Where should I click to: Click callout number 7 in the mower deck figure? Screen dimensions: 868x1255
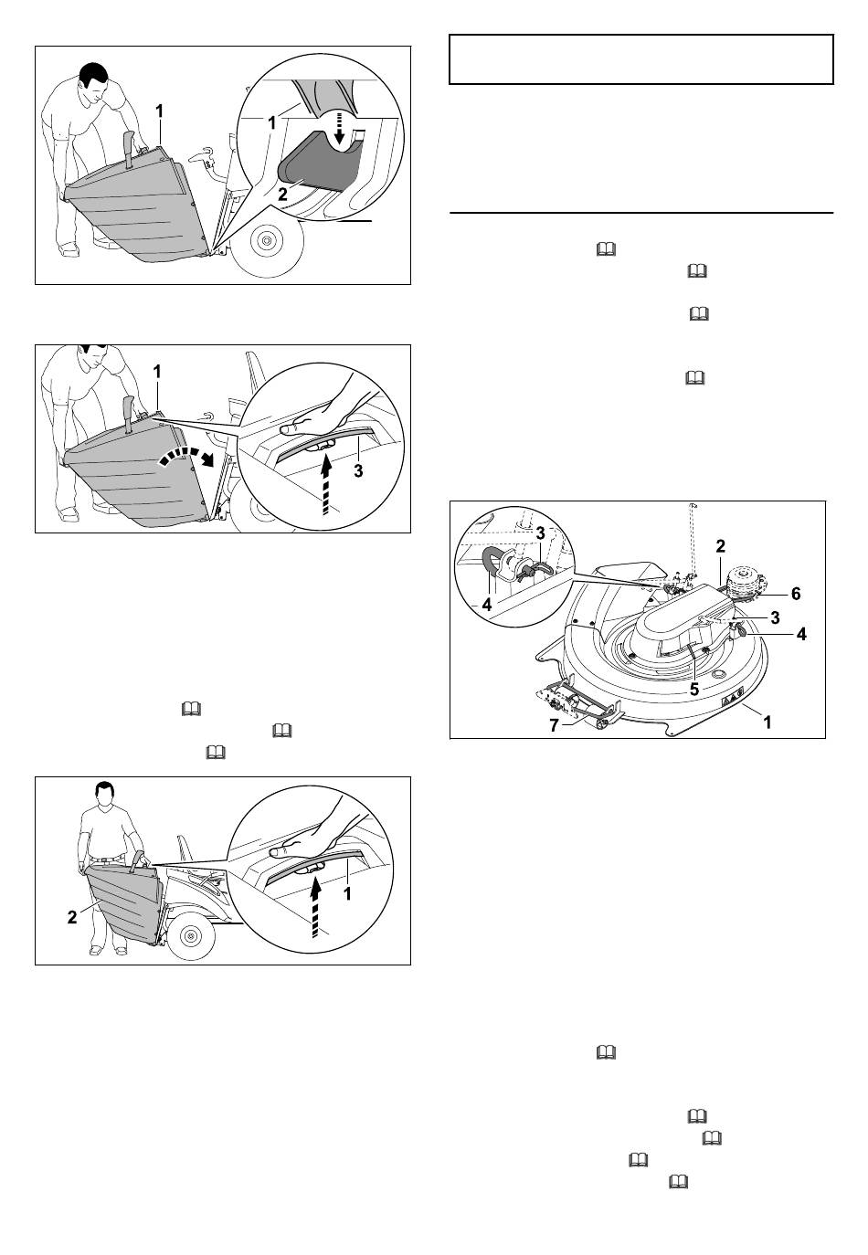click(554, 725)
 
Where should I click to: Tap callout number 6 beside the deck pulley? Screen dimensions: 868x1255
click(796, 594)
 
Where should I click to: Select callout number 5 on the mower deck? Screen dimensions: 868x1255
click(694, 689)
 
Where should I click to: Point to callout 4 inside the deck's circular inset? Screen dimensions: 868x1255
click(486, 605)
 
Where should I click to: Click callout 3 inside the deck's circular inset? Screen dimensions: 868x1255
click(540, 533)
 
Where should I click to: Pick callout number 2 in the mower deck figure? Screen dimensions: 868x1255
click(721, 545)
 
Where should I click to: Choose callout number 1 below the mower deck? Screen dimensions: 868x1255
click(767, 722)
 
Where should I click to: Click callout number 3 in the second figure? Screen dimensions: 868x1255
click(358, 471)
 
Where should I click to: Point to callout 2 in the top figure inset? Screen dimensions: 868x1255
click(282, 195)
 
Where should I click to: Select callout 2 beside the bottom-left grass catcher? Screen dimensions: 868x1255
click(72, 917)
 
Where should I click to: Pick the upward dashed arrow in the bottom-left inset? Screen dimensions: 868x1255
click(317, 906)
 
